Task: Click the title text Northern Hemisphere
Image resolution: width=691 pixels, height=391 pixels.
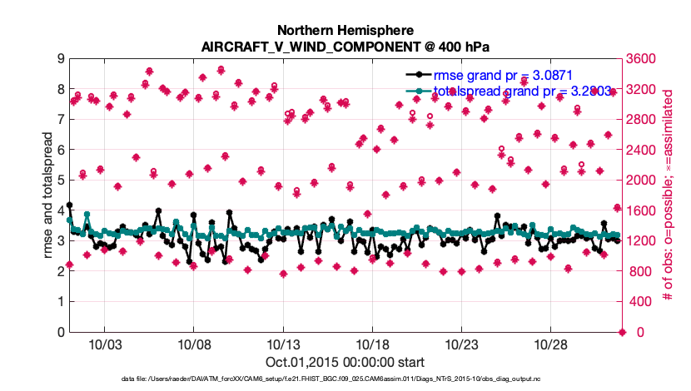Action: click(345, 29)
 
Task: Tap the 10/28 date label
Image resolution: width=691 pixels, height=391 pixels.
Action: click(549, 344)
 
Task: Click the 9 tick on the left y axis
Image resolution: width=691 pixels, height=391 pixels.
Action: click(61, 59)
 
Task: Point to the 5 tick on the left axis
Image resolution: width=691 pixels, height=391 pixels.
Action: click(61, 181)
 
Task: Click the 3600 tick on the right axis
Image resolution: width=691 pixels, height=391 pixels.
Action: click(643, 59)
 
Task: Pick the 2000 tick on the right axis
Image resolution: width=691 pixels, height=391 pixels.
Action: click(643, 181)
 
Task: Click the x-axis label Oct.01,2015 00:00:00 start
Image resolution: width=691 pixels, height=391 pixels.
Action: click(345, 362)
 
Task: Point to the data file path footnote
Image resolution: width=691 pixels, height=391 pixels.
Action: click(345, 379)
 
